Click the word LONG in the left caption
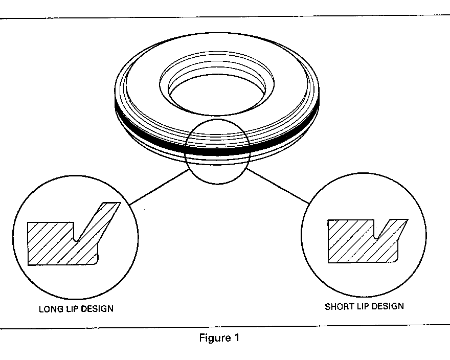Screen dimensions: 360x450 (49, 309)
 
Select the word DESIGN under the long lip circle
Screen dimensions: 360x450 (98, 309)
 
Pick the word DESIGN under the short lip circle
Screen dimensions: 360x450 (388, 306)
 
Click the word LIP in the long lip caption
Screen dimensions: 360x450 (70, 309)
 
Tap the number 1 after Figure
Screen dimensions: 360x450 (236, 338)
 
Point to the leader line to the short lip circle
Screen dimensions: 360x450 (279, 188)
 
